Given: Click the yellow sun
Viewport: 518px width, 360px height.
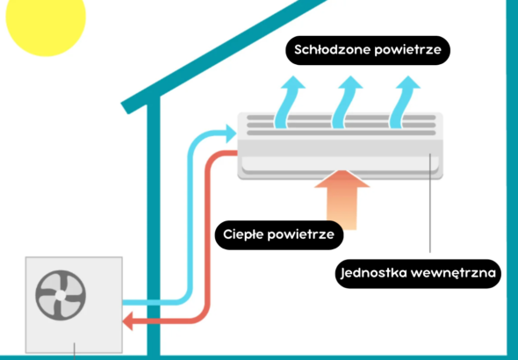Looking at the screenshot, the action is click(x=46, y=20).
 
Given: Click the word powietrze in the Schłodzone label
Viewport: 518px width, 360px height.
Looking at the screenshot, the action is click(x=408, y=50).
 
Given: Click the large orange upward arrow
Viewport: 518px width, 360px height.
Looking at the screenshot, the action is click(x=342, y=199).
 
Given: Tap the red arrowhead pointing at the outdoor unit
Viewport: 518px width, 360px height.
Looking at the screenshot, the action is click(x=128, y=320).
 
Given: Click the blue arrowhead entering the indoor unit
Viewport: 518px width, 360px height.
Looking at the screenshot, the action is click(x=231, y=133).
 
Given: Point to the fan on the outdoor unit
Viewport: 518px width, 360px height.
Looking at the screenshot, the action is click(x=61, y=295).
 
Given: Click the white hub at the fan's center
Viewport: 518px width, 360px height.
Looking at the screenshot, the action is click(x=61, y=295).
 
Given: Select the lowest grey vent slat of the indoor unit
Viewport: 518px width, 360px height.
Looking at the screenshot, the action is click(x=342, y=133).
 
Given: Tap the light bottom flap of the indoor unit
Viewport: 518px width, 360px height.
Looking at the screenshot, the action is click(x=341, y=164).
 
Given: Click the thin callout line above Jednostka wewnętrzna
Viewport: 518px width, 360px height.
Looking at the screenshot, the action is click(x=430, y=203).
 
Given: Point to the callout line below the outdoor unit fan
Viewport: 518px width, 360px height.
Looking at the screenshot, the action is click(x=75, y=351).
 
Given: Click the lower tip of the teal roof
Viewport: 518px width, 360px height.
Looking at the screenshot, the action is click(x=125, y=108).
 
